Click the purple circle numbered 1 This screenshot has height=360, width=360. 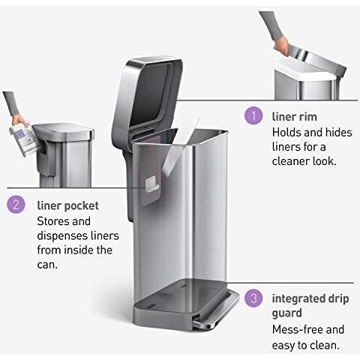coord(253,115)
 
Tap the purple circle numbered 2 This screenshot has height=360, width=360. coord(16,204)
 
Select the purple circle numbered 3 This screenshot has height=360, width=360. coord(253,298)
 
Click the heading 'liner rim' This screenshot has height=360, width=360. coord(294,117)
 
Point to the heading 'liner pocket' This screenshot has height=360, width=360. coord(67,206)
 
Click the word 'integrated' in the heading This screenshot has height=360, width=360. coord(297,299)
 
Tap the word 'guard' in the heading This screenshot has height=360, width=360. coord(286,313)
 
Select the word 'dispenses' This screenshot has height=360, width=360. coord(61,236)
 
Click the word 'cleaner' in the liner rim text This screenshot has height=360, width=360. coord(290,161)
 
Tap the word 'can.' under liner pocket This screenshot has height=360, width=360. coord(47,265)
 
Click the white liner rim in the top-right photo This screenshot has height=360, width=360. coord(306,70)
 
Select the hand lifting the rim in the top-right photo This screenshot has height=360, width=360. coord(281,46)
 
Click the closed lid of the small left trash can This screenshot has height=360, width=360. coord(63,132)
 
